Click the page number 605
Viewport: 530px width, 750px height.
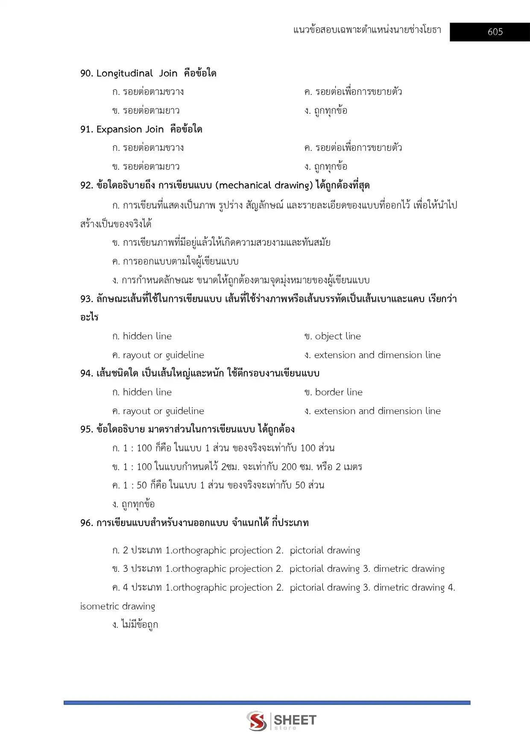coord(495,32)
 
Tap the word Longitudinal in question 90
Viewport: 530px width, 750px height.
coord(124,74)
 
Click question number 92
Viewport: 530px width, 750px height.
coord(86,185)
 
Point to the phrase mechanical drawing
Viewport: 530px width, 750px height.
coord(265,185)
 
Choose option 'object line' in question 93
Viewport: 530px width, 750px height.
coord(337,336)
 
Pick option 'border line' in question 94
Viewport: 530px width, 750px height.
coord(338,392)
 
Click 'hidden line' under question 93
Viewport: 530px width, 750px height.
coord(147,336)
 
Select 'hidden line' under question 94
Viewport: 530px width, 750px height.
coord(147,392)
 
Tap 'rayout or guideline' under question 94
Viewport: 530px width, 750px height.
coord(163,411)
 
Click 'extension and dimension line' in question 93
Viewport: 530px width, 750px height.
coord(377,355)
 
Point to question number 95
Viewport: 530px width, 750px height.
coord(86,429)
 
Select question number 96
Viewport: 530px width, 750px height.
coord(86,523)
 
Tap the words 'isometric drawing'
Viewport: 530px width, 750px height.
coord(117,606)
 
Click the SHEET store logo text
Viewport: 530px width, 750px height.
coord(295,721)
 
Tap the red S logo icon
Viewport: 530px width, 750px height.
coord(257,721)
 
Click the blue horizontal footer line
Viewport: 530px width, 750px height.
coord(267,703)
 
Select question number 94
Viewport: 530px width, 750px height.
coord(86,374)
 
